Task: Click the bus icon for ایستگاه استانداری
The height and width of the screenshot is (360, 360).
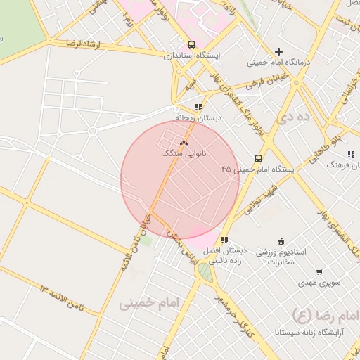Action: click(x=192, y=44)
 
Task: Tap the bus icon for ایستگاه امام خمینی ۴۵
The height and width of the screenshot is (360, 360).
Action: click(x=259, y=159)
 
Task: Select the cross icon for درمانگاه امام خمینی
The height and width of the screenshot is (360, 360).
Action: click(x=279, y=51)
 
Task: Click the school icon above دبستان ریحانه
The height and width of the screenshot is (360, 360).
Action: click(x=198, y=107)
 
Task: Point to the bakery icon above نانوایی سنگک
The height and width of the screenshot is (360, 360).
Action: click(x=184, y=142)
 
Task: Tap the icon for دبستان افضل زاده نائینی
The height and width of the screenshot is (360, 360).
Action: click(x=225, y=240)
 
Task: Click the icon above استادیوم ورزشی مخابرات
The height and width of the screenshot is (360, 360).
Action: click(x=281, y=242)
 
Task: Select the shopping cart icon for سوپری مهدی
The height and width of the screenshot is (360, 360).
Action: click(x=319, y=271)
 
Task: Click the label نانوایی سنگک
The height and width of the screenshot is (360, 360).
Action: click(x=184, y=153)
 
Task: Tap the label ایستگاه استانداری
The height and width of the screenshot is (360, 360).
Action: click(x=192, y=55)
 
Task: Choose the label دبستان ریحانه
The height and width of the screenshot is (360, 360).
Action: click(x=198, y=117)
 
